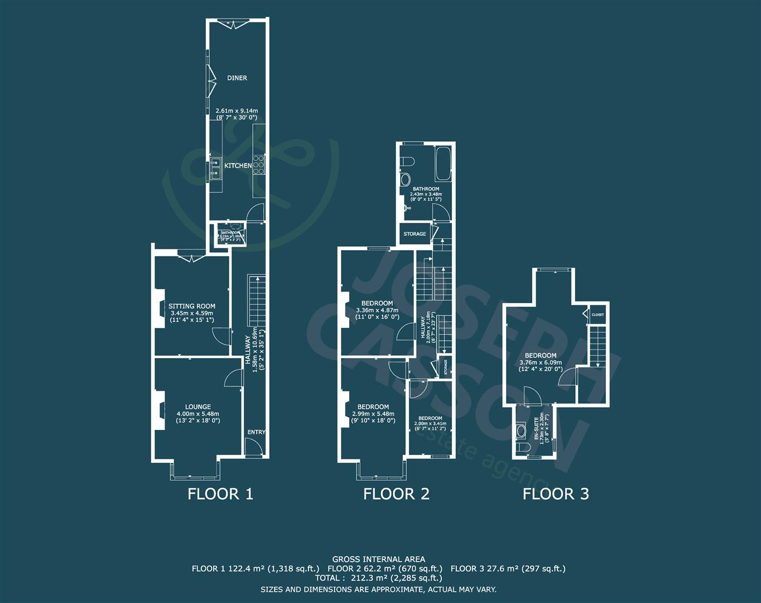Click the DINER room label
click(x=237, y=78)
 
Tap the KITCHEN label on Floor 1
click(x=238, y=166)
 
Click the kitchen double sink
click(x=214, y=169)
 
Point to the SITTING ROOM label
click(x=192, y=306)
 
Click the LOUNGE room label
click(x=198, y=407)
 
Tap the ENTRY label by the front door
click(x=256, y=432)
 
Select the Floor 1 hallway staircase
click(x=255, y=301)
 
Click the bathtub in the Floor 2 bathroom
click(x=444, y=163)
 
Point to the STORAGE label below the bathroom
click(x=415, y=234)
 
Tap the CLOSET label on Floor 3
click(x=598, y=315)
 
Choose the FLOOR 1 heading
click(x=220, y=494)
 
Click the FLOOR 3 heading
click(x=555, y=494)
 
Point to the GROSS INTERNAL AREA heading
click(x=378, y=559)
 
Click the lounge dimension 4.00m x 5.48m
click(x=198, y=414)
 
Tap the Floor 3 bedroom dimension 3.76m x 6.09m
click(x=540, y=362)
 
